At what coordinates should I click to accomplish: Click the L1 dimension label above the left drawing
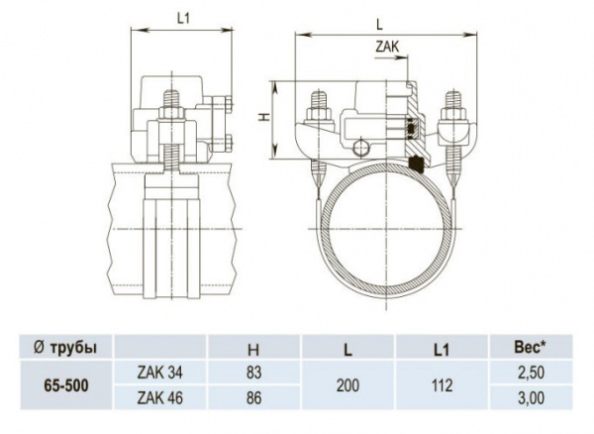tap(183, 19)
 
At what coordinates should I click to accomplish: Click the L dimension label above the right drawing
tap(379, 25)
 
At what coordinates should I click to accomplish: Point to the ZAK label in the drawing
tap(387, 47)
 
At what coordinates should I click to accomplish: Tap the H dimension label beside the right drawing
tap(266, 117)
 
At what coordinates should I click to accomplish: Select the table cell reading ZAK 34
tap(159, 373)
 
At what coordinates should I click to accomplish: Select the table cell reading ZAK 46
tap(159, 397)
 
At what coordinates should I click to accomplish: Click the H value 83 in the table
tap(253, 373)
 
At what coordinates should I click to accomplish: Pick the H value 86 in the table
tap(253, 397)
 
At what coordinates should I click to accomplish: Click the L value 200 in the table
tap(348, 385)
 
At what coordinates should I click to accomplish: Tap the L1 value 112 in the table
tap(443, 385)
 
